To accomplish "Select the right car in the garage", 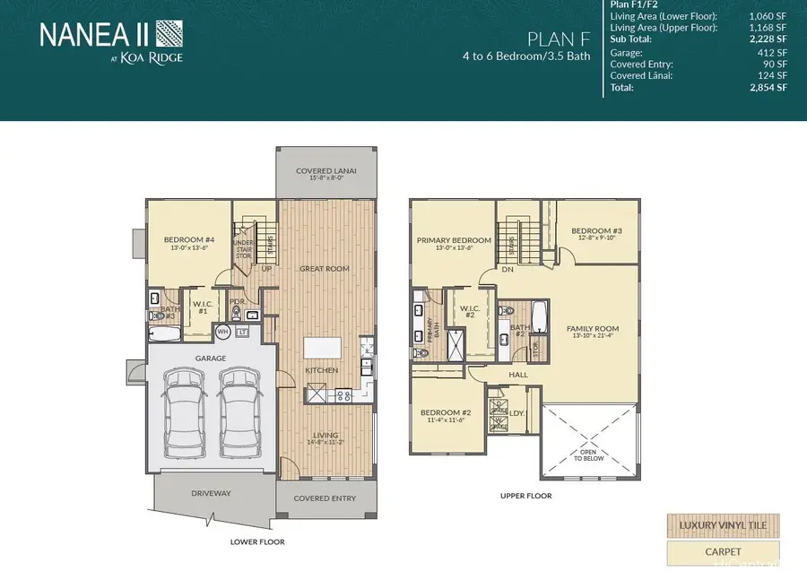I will (x=238, y=410).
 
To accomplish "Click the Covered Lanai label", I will (x=325, y=171).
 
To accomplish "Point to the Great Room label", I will (x=325, y=268).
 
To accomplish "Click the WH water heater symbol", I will (x=222, y=332).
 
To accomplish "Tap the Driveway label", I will (x=211, y=493).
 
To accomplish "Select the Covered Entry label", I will (x=325, y=498).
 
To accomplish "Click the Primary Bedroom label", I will (x=454, y=240).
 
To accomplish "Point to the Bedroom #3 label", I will (x=596, y=229).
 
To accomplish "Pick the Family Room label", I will (x=593, y=329).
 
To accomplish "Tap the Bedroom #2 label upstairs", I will (x=446, y=412).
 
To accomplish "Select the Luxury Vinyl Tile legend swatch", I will (x=722, y=524).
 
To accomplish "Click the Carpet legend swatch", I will (x=722, y=552).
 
